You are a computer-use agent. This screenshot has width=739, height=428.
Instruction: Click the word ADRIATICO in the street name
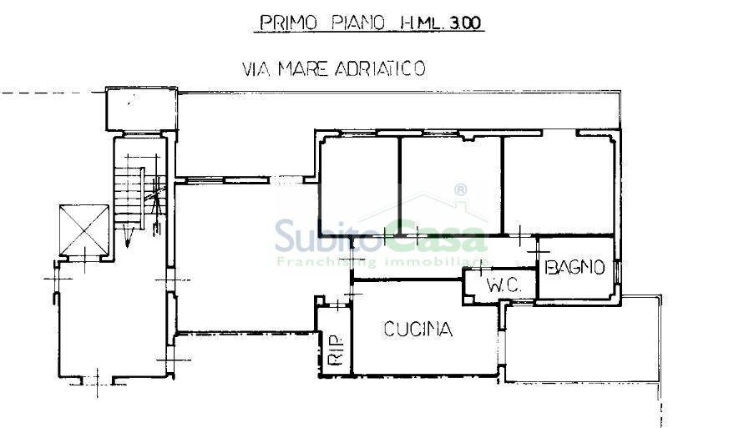(x=380, y=68)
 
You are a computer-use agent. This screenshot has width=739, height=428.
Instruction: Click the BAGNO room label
(x=574, y=267)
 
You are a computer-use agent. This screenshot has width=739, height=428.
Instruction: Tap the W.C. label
(x=504, y=284)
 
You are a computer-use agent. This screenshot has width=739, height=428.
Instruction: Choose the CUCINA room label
(x=418, y=330)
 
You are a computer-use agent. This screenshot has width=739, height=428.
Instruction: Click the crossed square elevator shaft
(x=86, y=229)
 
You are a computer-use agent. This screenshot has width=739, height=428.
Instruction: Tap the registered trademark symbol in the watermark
(x=460, y=191)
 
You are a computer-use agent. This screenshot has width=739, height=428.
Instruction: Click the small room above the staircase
(x=140, y=108)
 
